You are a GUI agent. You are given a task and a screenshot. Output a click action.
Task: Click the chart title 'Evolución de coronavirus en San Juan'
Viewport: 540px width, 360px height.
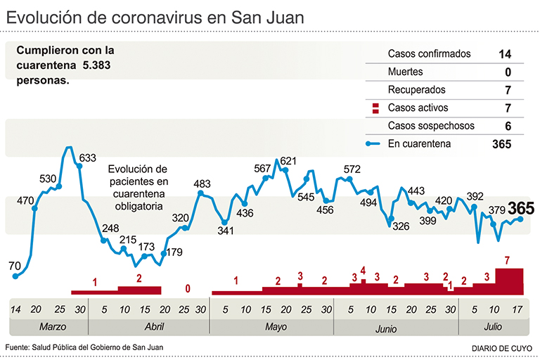[x=155, y=17]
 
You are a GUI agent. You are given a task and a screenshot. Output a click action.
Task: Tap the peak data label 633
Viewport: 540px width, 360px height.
[x=87, y=157]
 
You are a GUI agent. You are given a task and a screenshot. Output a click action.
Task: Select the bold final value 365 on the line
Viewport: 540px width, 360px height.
[x=521, y=208]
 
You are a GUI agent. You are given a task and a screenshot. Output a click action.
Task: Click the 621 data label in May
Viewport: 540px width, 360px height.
[x=288, y=161]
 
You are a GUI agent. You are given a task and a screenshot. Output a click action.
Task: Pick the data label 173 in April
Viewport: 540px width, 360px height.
[x=146, y=247]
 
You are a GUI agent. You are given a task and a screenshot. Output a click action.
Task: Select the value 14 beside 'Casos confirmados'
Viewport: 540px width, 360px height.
[x=504, y=54]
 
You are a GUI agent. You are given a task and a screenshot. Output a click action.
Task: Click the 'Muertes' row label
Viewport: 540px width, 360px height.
[x=406, y=72]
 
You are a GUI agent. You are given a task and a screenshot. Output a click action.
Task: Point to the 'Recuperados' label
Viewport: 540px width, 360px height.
[x=416, y=91]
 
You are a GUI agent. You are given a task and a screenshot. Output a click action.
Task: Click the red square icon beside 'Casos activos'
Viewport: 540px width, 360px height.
[x=375, y=108]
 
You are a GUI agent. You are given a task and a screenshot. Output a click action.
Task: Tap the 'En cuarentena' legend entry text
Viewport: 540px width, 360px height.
[x=419, y=144]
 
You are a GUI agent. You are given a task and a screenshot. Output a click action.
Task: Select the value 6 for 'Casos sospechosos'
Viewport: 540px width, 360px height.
[x=507, y=127]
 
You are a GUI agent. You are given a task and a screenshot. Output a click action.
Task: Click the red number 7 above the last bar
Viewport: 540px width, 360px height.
[x=507, y=261]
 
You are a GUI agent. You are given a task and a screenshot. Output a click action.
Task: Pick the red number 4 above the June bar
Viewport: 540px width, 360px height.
[x=364, y=270]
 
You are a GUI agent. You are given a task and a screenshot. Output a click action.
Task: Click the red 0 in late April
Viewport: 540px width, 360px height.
[x=187, y=288]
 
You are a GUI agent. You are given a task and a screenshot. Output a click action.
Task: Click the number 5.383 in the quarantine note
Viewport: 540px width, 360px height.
[x=96, y=65]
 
